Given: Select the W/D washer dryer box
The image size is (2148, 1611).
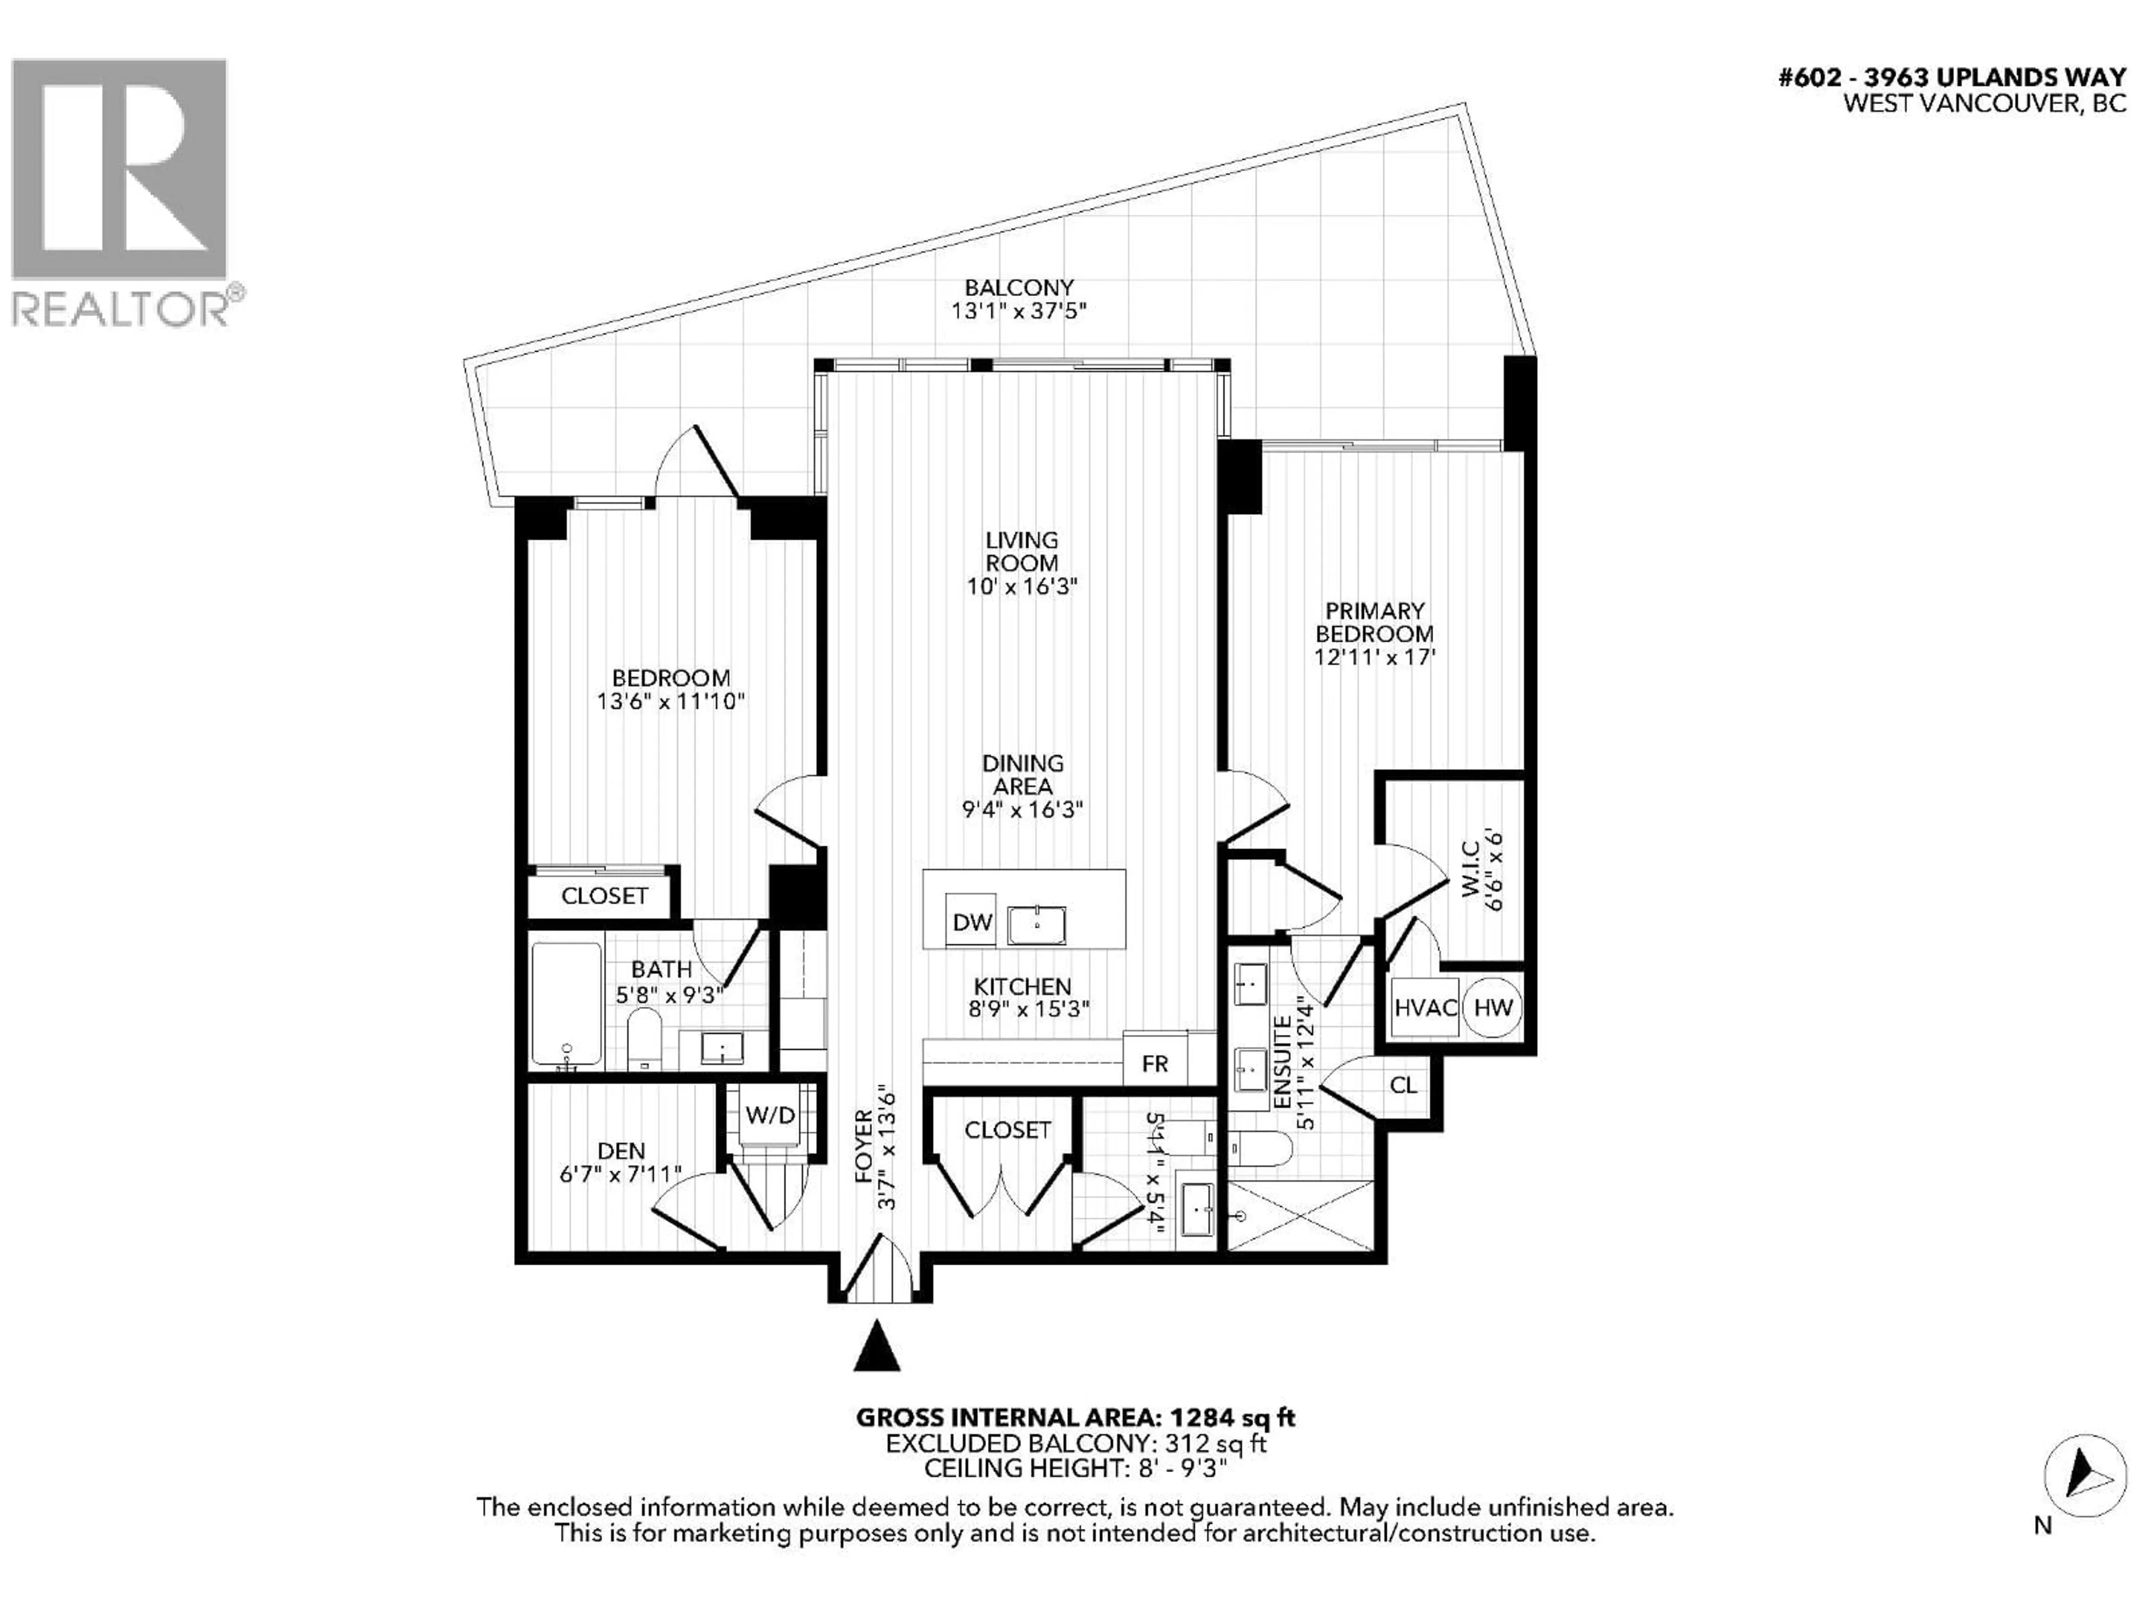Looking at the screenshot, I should coord(770,1115).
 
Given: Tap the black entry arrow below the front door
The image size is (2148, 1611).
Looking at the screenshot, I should coord(877,1347).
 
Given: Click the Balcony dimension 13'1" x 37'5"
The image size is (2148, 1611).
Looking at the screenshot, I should coord(1018,312).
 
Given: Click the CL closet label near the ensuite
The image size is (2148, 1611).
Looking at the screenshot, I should coord(1403,1085).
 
